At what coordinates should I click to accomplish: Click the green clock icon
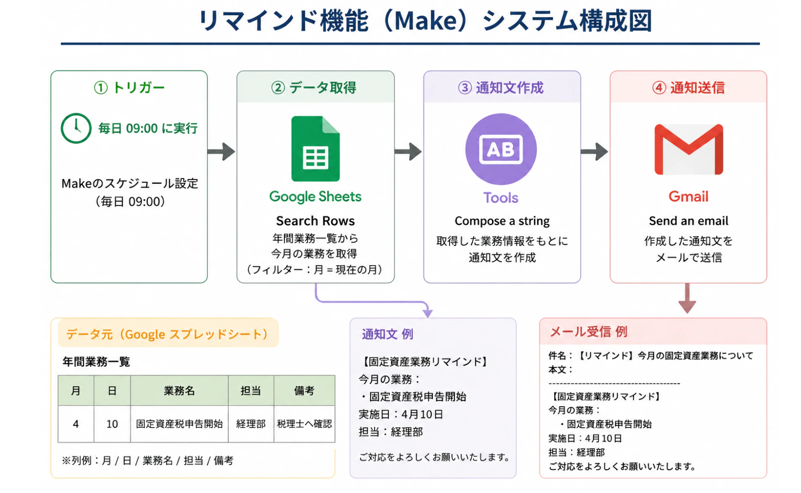[x=76, y=129]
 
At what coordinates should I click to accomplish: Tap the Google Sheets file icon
[x=315, y=148]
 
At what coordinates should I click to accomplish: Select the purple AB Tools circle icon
[x=501, y=149]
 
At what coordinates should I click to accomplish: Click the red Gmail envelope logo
[x=688, y=149]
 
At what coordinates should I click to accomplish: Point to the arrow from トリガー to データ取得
[x=221, y=152]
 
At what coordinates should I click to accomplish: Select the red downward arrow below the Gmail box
[x=687, y=298]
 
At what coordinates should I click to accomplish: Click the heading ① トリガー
[x=129, y=88]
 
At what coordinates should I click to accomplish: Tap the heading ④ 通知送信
[x=688, y=88]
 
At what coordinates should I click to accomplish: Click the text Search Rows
[x=315, y=221]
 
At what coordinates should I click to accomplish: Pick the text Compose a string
[x=502, y=221]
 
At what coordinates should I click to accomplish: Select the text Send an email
[x=688, y=221]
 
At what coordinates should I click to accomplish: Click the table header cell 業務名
[x=179, y=390]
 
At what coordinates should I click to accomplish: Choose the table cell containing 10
[x=112, y=424]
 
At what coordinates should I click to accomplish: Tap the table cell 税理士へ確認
[x=304, y=424]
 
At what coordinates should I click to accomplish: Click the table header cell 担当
[x=251, y=390]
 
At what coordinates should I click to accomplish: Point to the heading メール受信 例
[x=588, y=332]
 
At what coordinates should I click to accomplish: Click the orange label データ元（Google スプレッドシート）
[x=168, y=334]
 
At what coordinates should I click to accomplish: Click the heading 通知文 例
[x=387, y=334]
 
